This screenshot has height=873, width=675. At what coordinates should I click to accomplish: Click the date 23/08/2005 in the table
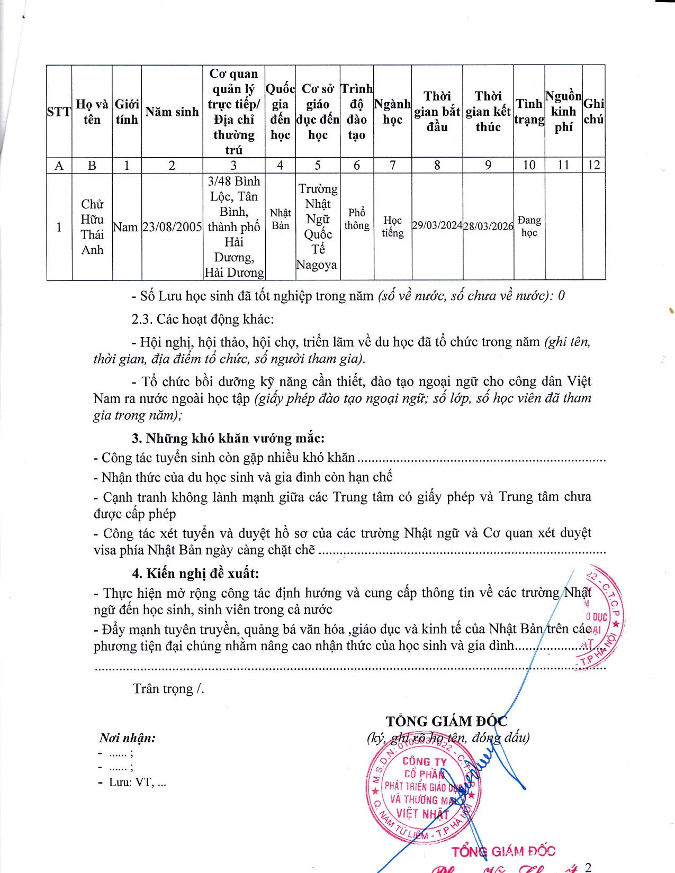(x=172, y=227)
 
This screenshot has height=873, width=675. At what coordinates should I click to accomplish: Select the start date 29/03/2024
(x=437, y=225)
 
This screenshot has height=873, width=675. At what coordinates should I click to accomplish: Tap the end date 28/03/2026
(x=488, y=226)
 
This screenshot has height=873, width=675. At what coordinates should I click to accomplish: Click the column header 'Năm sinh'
(x=172, y=112)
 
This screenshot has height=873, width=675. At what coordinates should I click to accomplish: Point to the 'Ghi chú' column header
(x=593, y=112)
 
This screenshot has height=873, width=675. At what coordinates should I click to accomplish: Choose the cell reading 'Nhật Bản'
(x=280, y=219)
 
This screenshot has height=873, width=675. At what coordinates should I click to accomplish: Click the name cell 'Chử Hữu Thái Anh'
(x=92, y=227)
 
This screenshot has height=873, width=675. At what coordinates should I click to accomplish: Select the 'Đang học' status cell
(x=529, y=226)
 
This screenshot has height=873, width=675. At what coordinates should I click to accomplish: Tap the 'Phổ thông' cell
(x=357, y=219)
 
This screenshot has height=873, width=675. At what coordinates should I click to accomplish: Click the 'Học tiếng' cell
(x=392, y=226)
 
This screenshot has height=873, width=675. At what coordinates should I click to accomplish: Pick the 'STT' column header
(x=59, y=112)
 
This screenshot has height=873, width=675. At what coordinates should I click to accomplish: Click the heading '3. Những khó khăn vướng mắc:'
(x=228, y=438)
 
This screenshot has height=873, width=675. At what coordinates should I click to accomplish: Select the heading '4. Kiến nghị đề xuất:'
(x=195, y=574)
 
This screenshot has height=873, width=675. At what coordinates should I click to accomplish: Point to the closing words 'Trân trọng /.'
(x=168, y=688)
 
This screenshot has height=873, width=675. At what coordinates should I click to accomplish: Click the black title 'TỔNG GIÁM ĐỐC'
(x=446, y=721)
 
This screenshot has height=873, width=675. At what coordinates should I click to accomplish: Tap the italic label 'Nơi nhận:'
(x=127, y=738)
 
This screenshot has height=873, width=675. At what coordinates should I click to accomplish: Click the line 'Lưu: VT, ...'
(x=137, y=783)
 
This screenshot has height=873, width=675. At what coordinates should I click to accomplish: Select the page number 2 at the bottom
(x=588, y=867)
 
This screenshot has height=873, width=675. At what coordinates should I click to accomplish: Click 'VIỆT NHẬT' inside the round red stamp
(x=422, y=813)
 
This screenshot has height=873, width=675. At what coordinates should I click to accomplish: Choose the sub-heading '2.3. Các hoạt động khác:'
(x=203, y=319)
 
